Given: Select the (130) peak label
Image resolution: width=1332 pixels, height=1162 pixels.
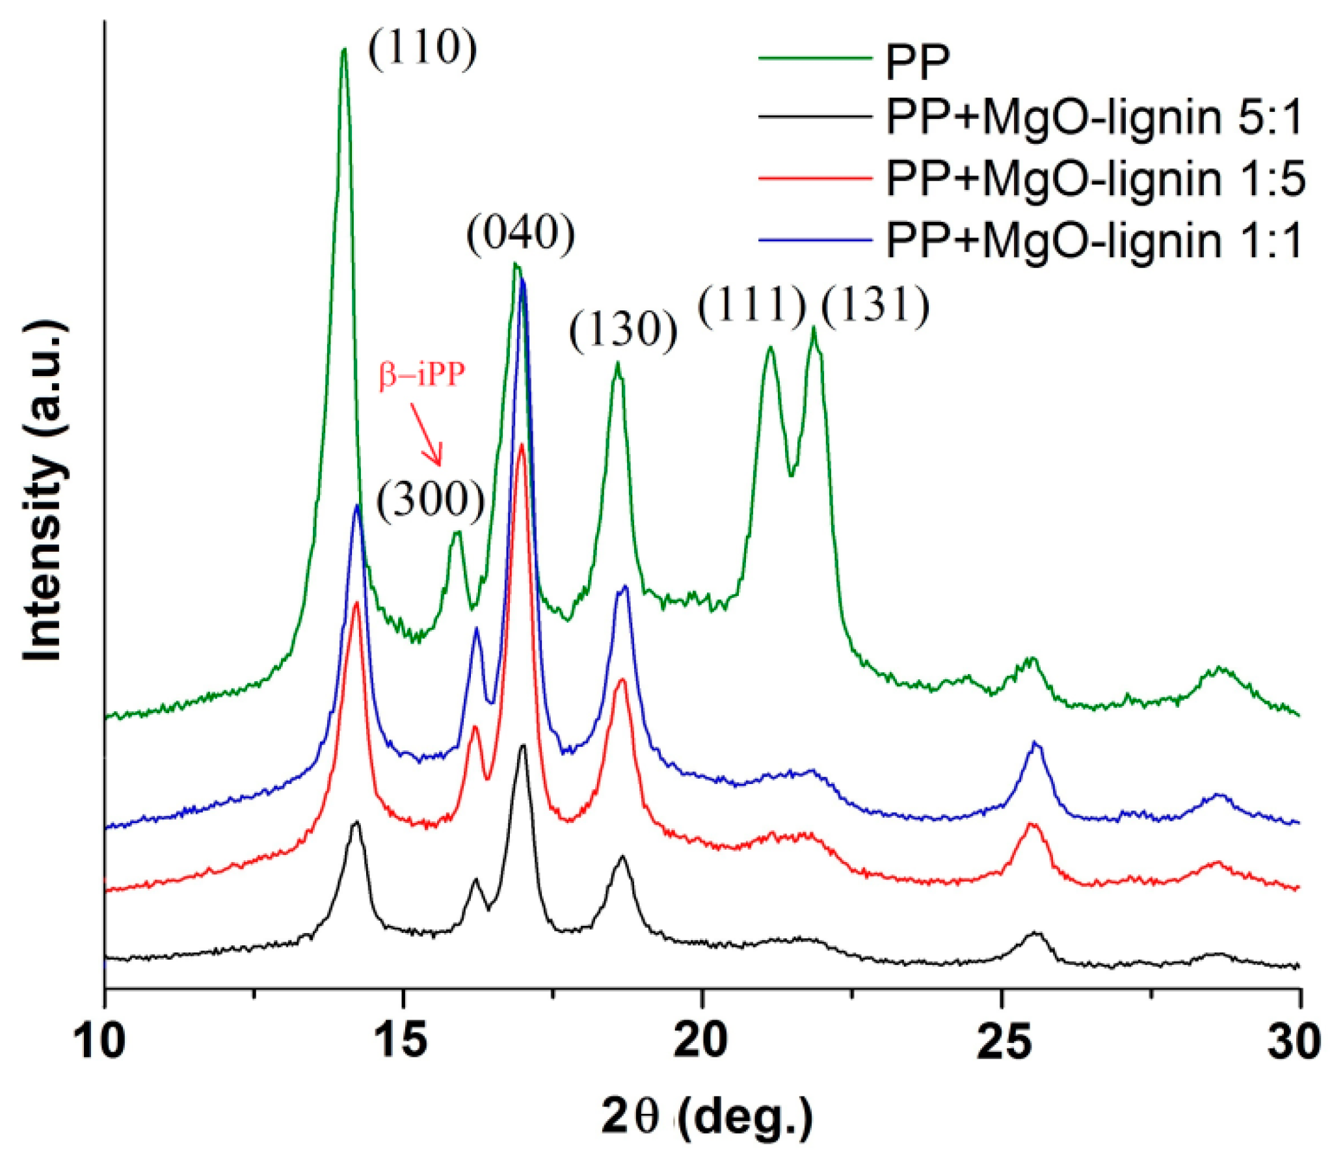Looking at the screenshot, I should point(623,330).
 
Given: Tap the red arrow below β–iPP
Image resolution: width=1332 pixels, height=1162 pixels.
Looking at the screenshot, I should point(427,433).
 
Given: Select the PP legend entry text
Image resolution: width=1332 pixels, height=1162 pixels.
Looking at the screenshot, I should point(917,62).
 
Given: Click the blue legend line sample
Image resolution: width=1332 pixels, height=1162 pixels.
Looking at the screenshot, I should point(814,240).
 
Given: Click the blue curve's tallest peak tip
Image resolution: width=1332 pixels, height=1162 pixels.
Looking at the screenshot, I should point(522,280).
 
